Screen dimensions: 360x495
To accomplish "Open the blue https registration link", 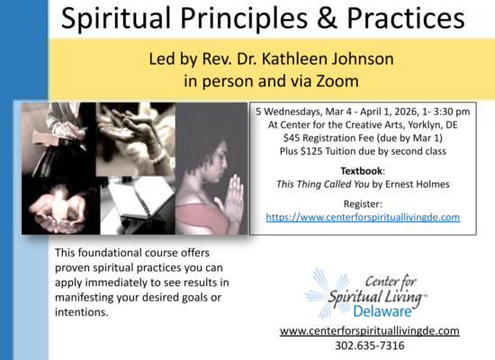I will point(363,217).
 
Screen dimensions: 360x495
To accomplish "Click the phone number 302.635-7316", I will point(369,345).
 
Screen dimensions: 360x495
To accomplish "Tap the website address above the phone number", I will point(369,331).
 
